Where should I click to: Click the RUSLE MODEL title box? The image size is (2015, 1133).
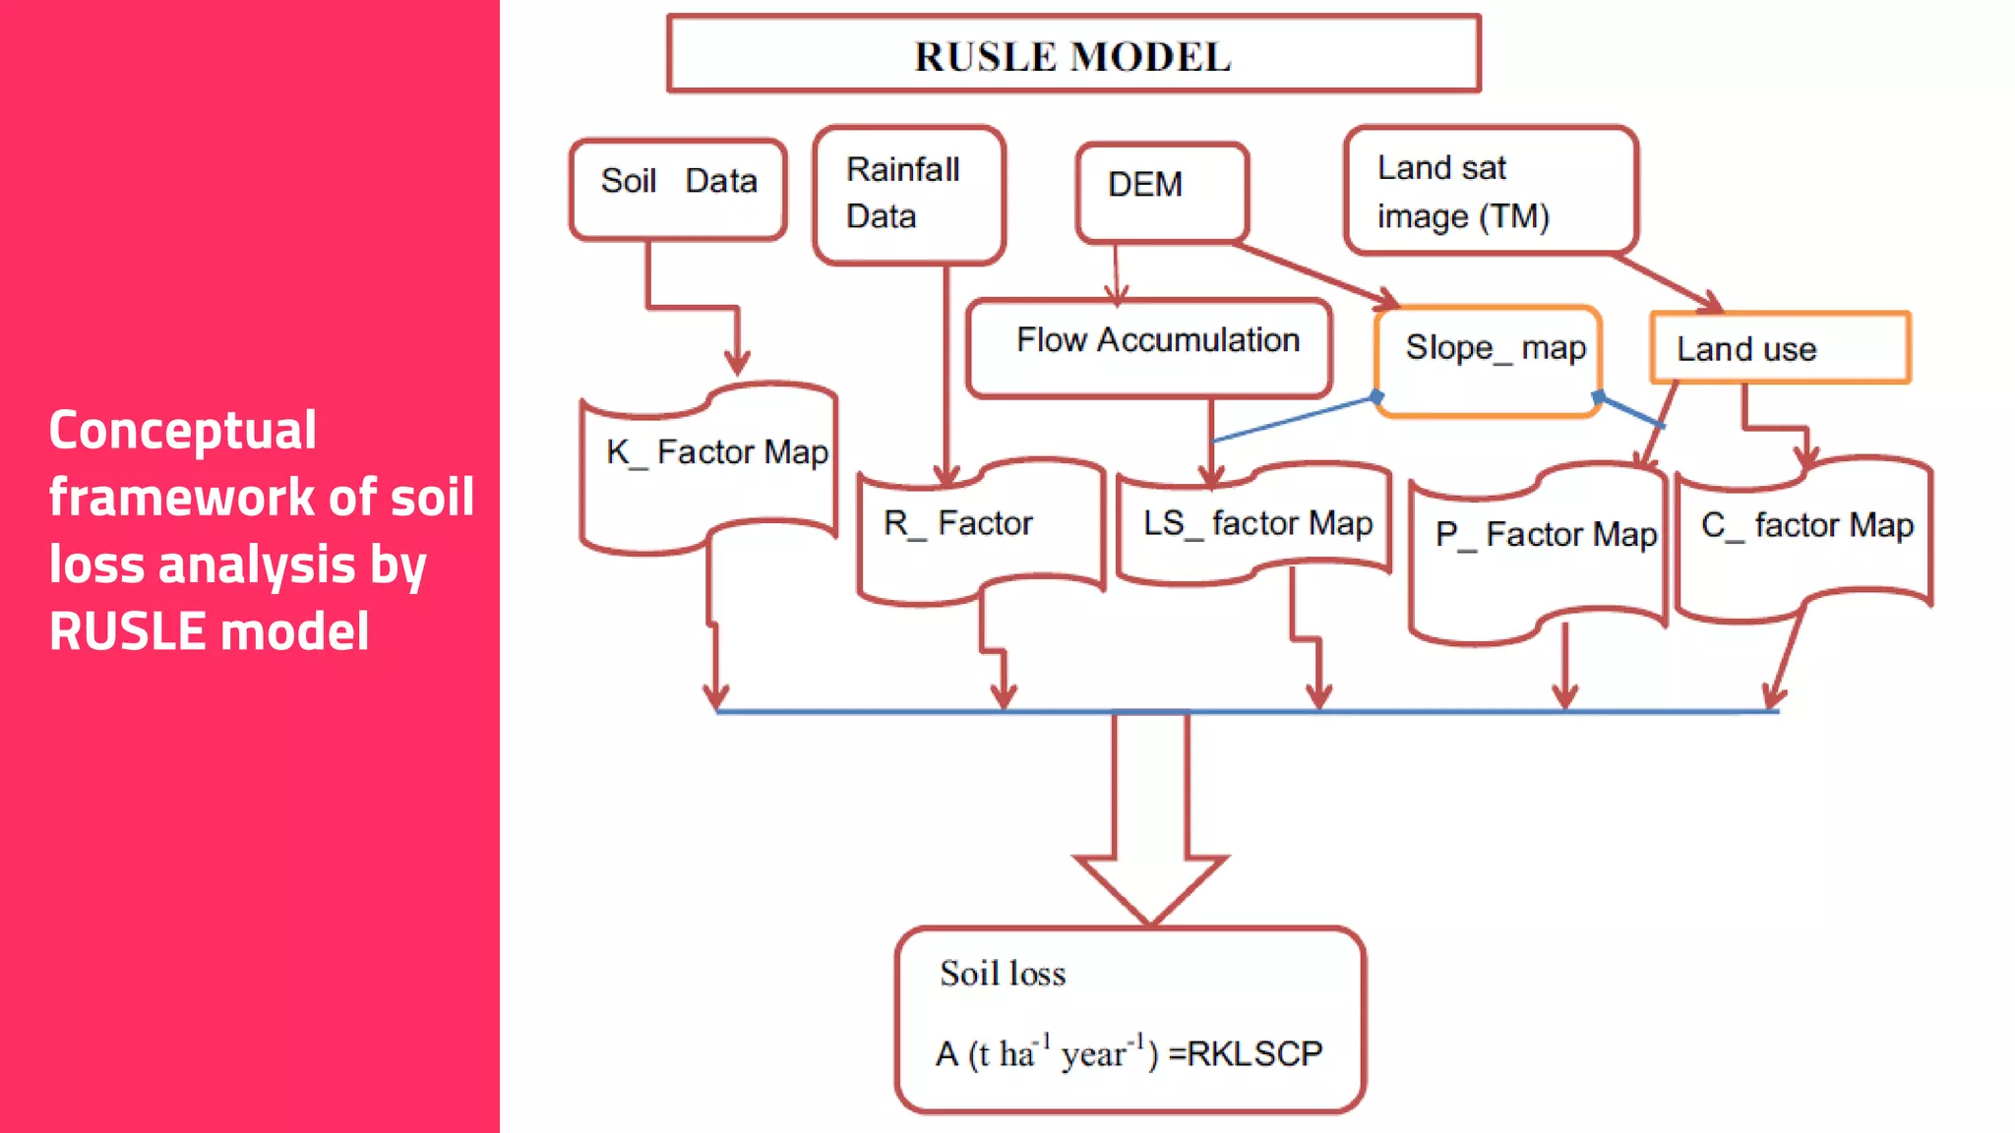1073,55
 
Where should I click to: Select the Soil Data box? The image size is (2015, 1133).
678,188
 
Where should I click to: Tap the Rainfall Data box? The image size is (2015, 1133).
909,194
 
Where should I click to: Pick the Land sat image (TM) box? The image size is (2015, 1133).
1490,191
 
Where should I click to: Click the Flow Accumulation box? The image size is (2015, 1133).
1149,347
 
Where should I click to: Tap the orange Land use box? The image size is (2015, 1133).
1779,348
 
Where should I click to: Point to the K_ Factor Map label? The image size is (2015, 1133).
717,452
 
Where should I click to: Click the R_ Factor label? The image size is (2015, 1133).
958,523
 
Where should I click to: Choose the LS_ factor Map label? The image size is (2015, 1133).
1257,523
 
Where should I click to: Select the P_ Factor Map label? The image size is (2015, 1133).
1546,535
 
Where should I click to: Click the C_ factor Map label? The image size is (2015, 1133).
1807,525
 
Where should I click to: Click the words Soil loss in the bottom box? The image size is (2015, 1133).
1003,974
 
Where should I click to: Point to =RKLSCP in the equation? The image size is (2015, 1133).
1246,1054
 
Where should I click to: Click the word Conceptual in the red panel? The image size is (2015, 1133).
183,431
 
